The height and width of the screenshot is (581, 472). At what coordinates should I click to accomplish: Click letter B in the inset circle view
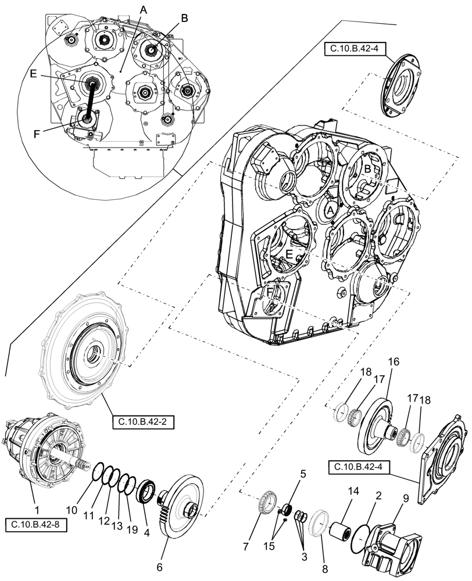click(x=184, y=18)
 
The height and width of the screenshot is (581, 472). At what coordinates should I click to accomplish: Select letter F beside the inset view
click(x=38, y=133)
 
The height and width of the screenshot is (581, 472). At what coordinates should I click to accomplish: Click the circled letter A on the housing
click(x=330, y=209)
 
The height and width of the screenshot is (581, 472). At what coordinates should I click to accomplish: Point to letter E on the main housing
click(x=288, y=253)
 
